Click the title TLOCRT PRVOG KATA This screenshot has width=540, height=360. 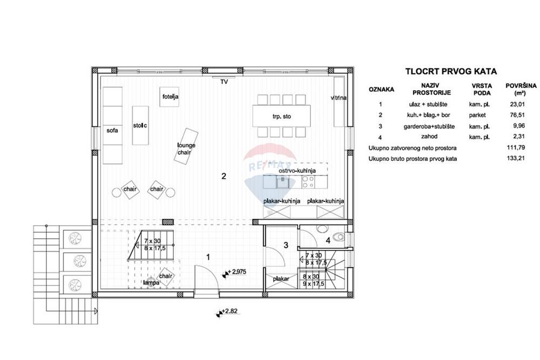451,72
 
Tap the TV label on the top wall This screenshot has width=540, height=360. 224,82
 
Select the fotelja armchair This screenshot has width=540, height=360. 170,97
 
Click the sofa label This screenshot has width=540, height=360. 112,131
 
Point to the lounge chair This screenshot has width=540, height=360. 186,146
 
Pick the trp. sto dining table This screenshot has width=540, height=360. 281,117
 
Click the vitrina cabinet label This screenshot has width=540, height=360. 339,98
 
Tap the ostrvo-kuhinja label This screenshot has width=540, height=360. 297,171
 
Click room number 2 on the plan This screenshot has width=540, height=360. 224,176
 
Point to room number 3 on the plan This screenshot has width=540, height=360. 286,245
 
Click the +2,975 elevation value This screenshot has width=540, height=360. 237,272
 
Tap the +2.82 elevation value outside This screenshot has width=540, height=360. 230,311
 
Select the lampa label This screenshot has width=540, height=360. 151,283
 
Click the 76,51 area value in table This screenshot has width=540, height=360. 517,115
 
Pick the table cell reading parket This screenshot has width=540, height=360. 477,115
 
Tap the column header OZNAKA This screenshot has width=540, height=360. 381,90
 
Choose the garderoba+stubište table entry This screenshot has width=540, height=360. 429,126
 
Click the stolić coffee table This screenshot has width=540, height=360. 140,125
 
